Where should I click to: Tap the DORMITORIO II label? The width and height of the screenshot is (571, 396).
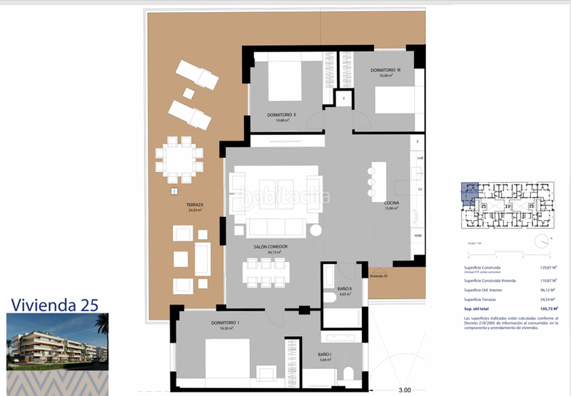point(281,114)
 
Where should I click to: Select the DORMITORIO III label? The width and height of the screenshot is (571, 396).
point(385,70)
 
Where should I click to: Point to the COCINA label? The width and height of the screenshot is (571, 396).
point(391,205)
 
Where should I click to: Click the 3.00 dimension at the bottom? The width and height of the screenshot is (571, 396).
point(405,390)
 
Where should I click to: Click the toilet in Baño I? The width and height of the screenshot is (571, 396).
point(346,374)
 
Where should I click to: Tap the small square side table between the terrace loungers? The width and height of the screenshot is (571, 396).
point(188,93)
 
